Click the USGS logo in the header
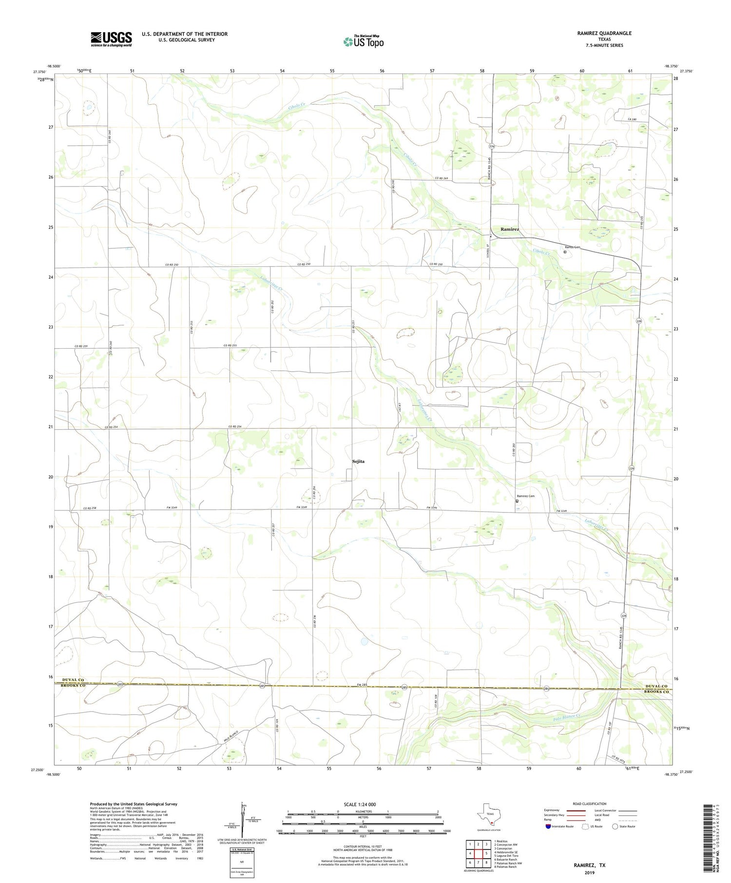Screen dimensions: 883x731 point(111,39)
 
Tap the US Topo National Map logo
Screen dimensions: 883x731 point(364,41)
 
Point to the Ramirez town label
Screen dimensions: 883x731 point(510,229)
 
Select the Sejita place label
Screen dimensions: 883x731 point(358,461)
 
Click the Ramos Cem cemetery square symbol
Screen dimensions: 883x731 point(565,252)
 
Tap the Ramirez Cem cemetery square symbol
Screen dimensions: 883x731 point(517,501)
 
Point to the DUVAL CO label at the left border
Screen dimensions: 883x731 point(73,680)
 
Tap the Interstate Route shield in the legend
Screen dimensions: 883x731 point(548,827)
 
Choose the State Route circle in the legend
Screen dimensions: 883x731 point(616,827)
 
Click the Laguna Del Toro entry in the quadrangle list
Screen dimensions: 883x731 point(506,856)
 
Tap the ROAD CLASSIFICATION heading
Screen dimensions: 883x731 point(590,804)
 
